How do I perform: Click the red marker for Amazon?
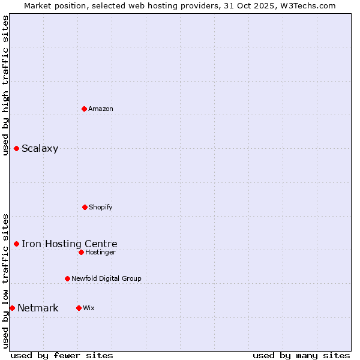(84, 109)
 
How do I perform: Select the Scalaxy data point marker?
(16, 148)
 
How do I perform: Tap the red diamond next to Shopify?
(85, 207)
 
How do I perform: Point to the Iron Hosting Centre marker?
(16, 244)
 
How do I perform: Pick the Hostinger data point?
(81, 252)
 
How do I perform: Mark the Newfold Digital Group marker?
(67, 278)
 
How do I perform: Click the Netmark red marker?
(12, 308)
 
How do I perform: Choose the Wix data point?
(79, 308)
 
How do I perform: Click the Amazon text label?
(101, 109)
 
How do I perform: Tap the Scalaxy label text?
(40, 149)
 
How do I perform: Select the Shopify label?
(101, 207)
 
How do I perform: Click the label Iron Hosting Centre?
(69, 244)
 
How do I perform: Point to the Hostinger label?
(100, 252)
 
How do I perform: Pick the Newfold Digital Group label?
(106, 278)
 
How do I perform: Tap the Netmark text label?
(38, 308)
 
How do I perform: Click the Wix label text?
(89, 308)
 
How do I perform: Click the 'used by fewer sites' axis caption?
(62, 355)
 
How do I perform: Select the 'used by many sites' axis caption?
(301, 355)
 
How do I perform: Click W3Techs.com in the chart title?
(307, 5)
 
